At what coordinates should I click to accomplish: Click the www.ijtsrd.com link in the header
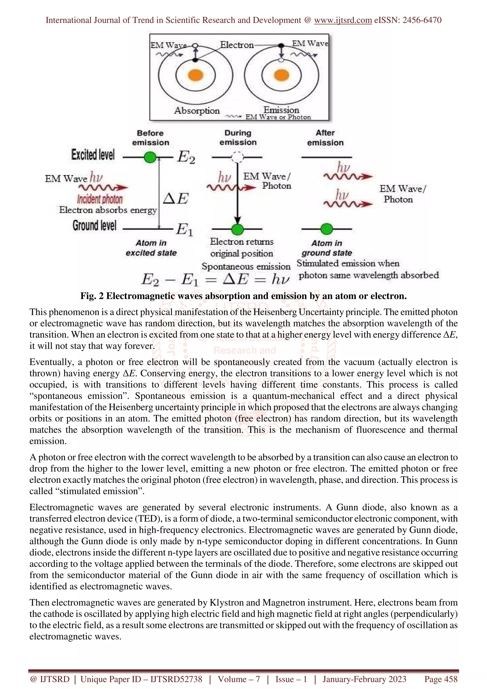click(343, 20)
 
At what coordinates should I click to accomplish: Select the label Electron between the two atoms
click(237, 45)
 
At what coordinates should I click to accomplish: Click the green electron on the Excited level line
click(150, 157)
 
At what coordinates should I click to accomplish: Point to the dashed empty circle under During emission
click(237, 157)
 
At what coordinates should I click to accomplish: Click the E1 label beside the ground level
click(184, 230)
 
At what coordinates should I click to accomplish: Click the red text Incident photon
click(100, 199)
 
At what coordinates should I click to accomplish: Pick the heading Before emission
click(150, 138)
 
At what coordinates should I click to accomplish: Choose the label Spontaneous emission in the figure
click(246, 267)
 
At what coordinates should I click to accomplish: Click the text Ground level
click(94, 226)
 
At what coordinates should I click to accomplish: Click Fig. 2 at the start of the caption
click(92, 296)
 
